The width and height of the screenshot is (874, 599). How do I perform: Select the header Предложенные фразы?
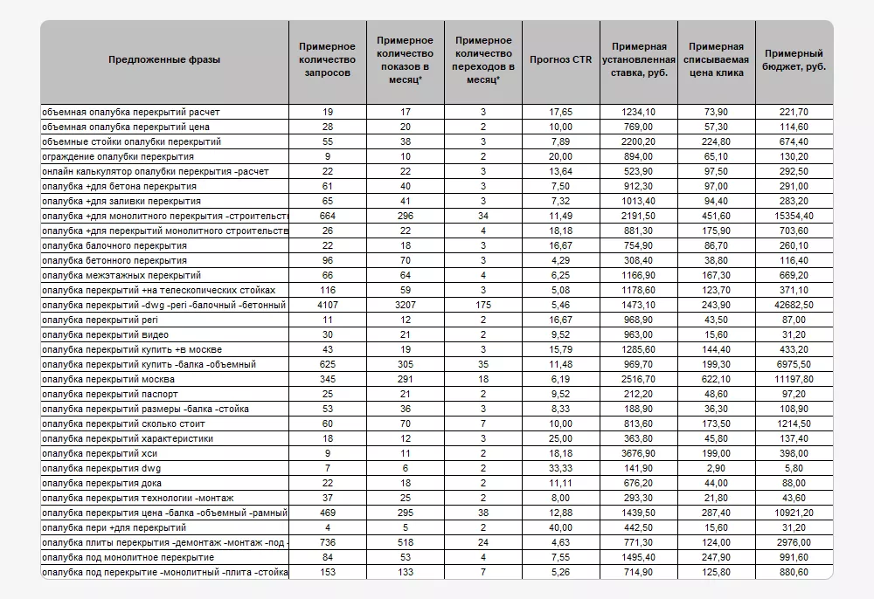[164, 59]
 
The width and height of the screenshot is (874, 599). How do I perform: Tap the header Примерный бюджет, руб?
[794, 59]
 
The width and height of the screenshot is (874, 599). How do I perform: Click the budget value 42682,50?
[794, 305]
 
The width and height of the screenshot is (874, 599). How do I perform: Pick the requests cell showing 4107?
[328, 305]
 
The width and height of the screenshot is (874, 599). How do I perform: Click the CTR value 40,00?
[561, 527]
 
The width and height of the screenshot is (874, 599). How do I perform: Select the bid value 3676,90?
[639, 453]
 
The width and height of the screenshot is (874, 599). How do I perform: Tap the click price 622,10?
[716, 379]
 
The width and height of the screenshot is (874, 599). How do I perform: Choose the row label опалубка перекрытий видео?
[106, 334]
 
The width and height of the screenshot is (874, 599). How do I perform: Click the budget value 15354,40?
[794, 216]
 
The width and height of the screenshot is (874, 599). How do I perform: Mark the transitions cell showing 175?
[482, 305]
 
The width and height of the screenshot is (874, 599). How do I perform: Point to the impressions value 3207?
[406, 305]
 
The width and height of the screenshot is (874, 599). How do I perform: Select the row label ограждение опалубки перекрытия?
[118, 156]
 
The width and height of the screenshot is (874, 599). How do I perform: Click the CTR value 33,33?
[561, 468]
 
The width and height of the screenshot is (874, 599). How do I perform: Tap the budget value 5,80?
[794, 468]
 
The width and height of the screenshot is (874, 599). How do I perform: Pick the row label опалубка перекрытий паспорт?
[110, 394]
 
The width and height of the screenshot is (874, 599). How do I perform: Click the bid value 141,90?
[639, 468]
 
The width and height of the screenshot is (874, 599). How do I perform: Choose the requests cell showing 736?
[328, 542]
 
